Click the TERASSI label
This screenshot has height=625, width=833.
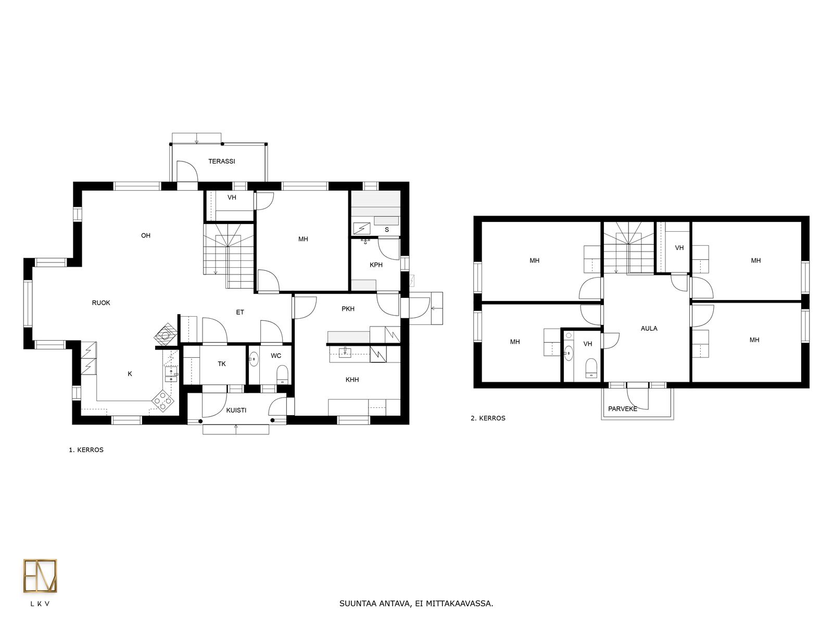[x=222, y=161]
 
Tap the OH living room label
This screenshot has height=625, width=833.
[x=146, y=235]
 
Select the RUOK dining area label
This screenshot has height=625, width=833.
[x=101, y=303]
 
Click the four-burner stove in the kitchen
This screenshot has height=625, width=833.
[x=163, y=401]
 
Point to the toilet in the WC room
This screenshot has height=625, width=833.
[x=282, y=374]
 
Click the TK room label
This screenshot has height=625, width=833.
[x=222, y=364]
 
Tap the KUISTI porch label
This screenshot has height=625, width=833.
[x=236, y=410]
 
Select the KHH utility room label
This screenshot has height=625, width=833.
[x=352, y=380]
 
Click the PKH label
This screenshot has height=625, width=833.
[x=348, y=309]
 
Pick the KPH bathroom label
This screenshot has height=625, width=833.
[x=376, y=265]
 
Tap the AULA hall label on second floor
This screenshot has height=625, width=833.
[x=649, y=329]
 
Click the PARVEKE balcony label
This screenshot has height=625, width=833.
[x=622, y=409]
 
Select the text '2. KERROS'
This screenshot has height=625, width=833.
[x=488, y=418]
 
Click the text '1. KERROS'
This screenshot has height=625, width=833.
[x=86, y=450]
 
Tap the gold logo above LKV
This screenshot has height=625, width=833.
[x=40, y=576]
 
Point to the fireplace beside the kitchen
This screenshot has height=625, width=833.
[x=166, y=334]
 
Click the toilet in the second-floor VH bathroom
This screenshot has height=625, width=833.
[x=591, y=368]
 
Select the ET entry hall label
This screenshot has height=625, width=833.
[x=240, y=312]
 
